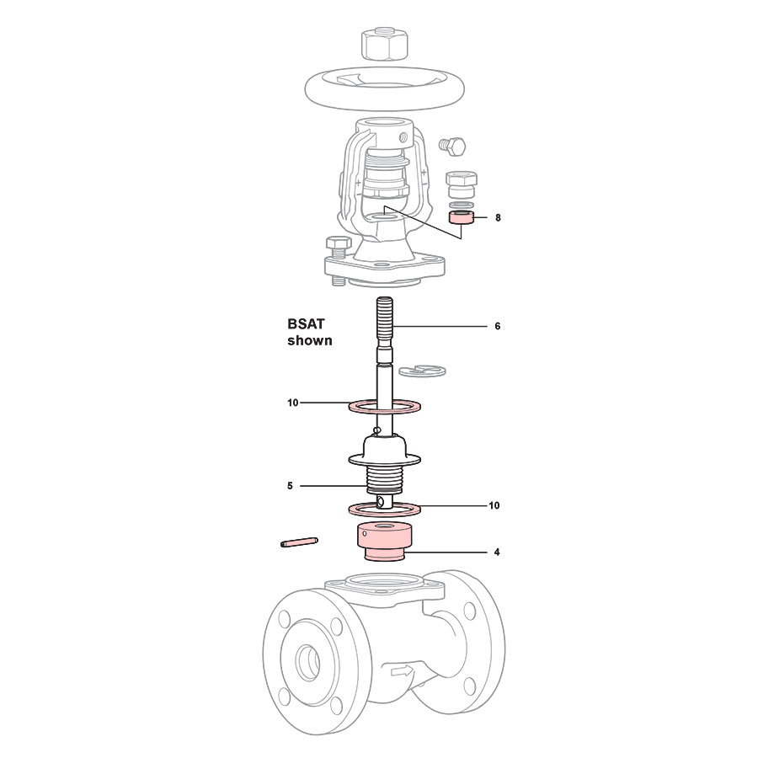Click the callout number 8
coord(498,217)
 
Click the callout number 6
coord(497,326)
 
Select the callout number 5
coord(290,486)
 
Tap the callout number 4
coord(497,552)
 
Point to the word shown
coord(310,341)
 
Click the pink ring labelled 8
coord(460,218)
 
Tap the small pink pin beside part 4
coord(298,543)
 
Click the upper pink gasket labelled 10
coord(385,407)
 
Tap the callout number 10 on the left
coord(292,403)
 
